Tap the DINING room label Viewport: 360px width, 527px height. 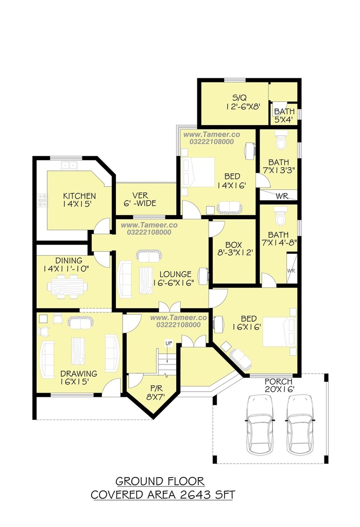68,260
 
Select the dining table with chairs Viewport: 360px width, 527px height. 67,287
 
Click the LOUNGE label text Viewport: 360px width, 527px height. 175,274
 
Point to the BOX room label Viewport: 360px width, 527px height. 233,245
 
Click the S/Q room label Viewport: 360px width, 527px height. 239,98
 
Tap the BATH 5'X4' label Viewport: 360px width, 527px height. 284,115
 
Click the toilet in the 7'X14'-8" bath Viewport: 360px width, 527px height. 280,216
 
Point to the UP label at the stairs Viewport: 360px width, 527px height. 168,343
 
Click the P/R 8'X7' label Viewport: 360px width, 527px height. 155,393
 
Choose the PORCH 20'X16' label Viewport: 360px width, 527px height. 279,385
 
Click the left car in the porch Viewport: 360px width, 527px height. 260,425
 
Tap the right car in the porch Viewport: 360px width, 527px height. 300,425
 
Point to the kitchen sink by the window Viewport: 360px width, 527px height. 70,165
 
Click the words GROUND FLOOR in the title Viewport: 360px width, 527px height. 160,481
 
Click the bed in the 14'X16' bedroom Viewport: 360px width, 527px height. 198,172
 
